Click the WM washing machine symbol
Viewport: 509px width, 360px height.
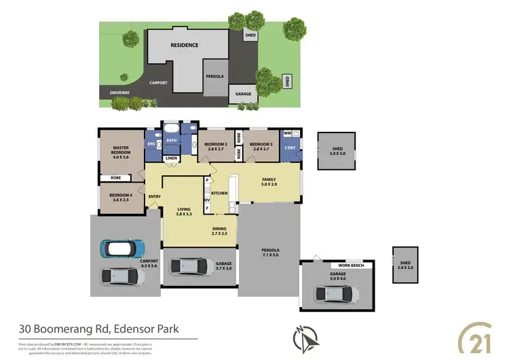pyautogui.click(x=287, y=134)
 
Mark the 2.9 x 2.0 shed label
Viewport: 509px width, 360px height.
pyautogui.click(x=406, y=266)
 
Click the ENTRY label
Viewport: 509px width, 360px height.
pyautogui.click(x=155, y=198)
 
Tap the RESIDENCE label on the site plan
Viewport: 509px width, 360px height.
pyautogui.click(x=184, y=46)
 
